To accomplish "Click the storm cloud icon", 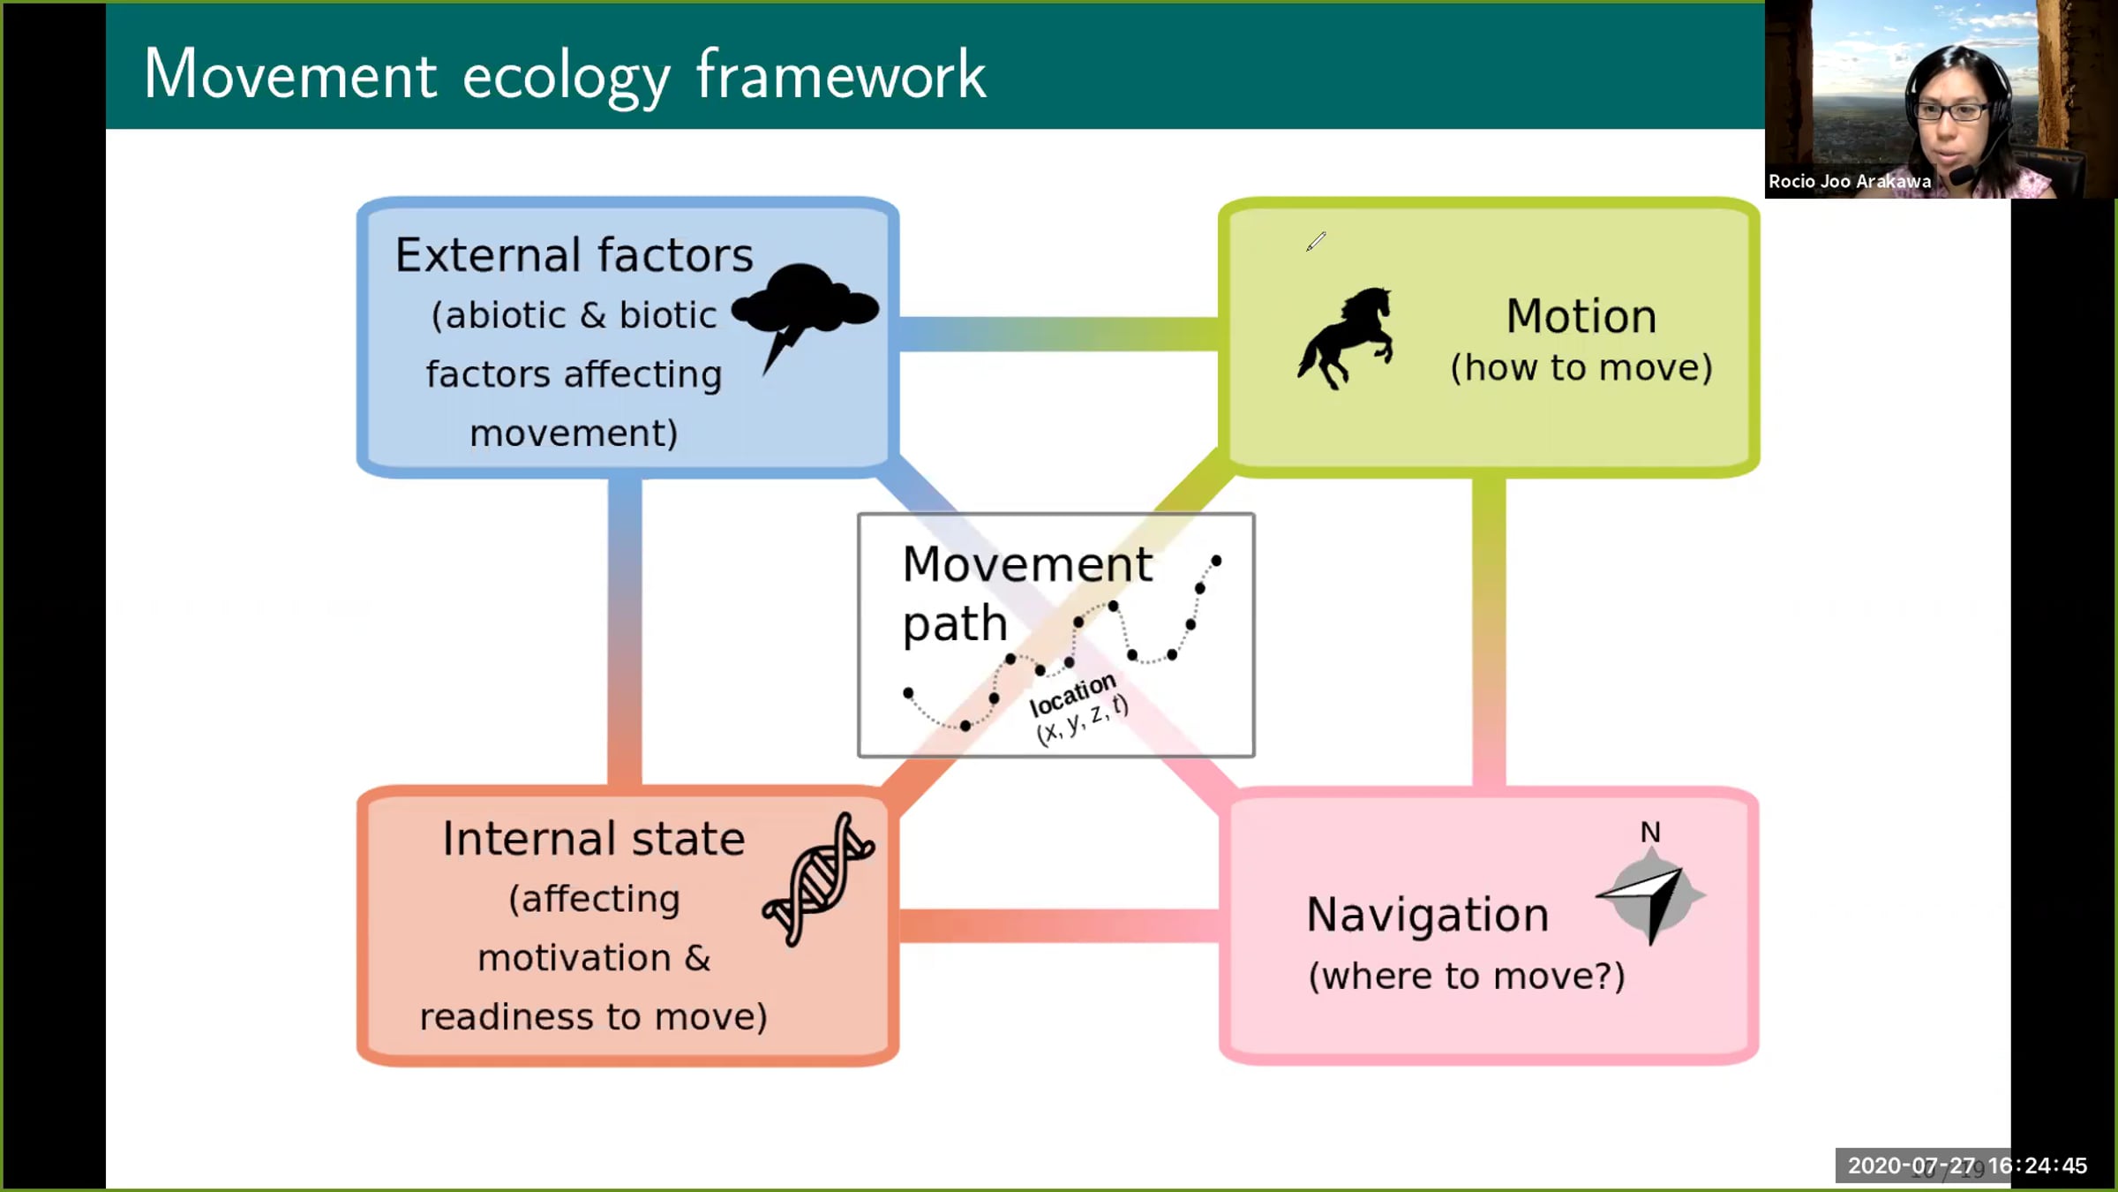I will pyautogui.click(x=804, y=305).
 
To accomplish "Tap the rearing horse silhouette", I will pyautogui.click(x=1346, y=337).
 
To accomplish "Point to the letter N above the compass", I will pyautogui.click(x=1649, y=832).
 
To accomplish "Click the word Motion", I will pyautogui.click(x=1581, y=316).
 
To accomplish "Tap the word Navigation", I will pyautogui.click(x=1427, y=915).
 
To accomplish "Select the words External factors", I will pyautogui.click(x=574, y=255).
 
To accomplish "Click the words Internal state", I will pyautogui.click(x=593, y=839).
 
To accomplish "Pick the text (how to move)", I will pyautogui.click(x=1581, y=368).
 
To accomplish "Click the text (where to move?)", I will pyautogui.click(x=1466, y=977).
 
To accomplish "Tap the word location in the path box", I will pyautogui.click(x=1072, y=695).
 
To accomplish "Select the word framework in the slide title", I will pyautogui.click(x=840, y=75).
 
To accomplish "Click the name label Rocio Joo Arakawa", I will pyautogui.click(x=1849, y=182).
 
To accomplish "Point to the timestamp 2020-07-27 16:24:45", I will pyautogui.click(x=1967, y=1166).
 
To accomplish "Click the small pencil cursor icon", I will pyautogui.click(x=1316, y=241).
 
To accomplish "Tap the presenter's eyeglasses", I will pyautogui.click(x=1951, y=112).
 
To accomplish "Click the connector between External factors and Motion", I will pyautogui.click(x=1059, y=334).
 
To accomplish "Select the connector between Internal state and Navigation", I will pyautogui.click(x=1059, y=925).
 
